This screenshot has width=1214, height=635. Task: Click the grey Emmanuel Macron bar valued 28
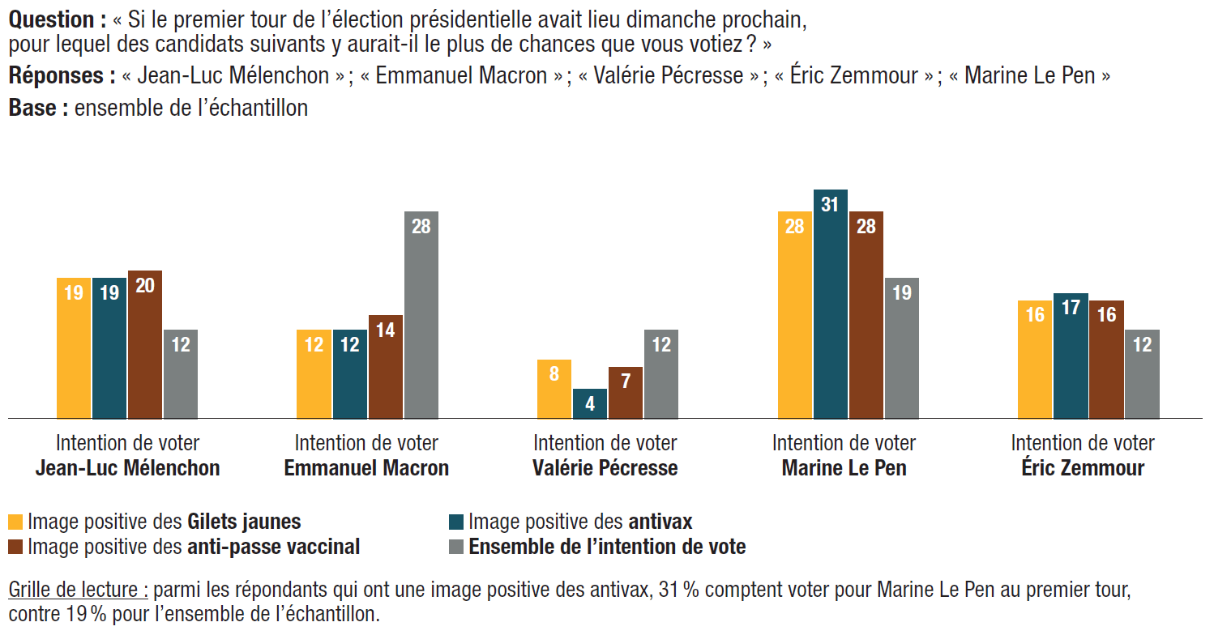tap(421, 315)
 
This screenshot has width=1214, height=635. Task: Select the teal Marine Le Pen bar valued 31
tap(830, 304)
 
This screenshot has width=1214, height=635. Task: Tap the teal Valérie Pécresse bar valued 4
tap(590, 403)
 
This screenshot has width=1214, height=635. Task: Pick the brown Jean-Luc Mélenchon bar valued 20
tap(145, 344)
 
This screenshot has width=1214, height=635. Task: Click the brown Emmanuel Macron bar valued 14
tap(385, 366)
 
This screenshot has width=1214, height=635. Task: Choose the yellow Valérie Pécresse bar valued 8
tap(554, 389)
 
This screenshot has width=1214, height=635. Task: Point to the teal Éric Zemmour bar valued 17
tap(1070, 356)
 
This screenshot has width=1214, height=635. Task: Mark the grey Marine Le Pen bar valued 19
tap(901, 348)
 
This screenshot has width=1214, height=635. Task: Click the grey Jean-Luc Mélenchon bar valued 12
tap(181, 373)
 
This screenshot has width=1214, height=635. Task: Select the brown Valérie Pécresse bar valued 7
tap(626, 392)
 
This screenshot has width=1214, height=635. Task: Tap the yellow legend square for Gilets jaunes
tap(16, 521)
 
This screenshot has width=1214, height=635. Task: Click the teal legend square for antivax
tap(456, 521)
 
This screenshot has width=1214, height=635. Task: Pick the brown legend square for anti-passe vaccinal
tap(16, 547)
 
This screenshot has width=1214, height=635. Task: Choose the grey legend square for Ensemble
tap(456, 547)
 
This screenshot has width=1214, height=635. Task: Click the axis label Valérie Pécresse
tap(605, 468)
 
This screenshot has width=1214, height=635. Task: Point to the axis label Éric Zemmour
tap(1082, 468)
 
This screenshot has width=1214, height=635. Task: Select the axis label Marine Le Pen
tap(844, 468)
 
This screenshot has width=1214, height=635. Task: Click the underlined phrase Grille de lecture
tap(78, 589)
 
